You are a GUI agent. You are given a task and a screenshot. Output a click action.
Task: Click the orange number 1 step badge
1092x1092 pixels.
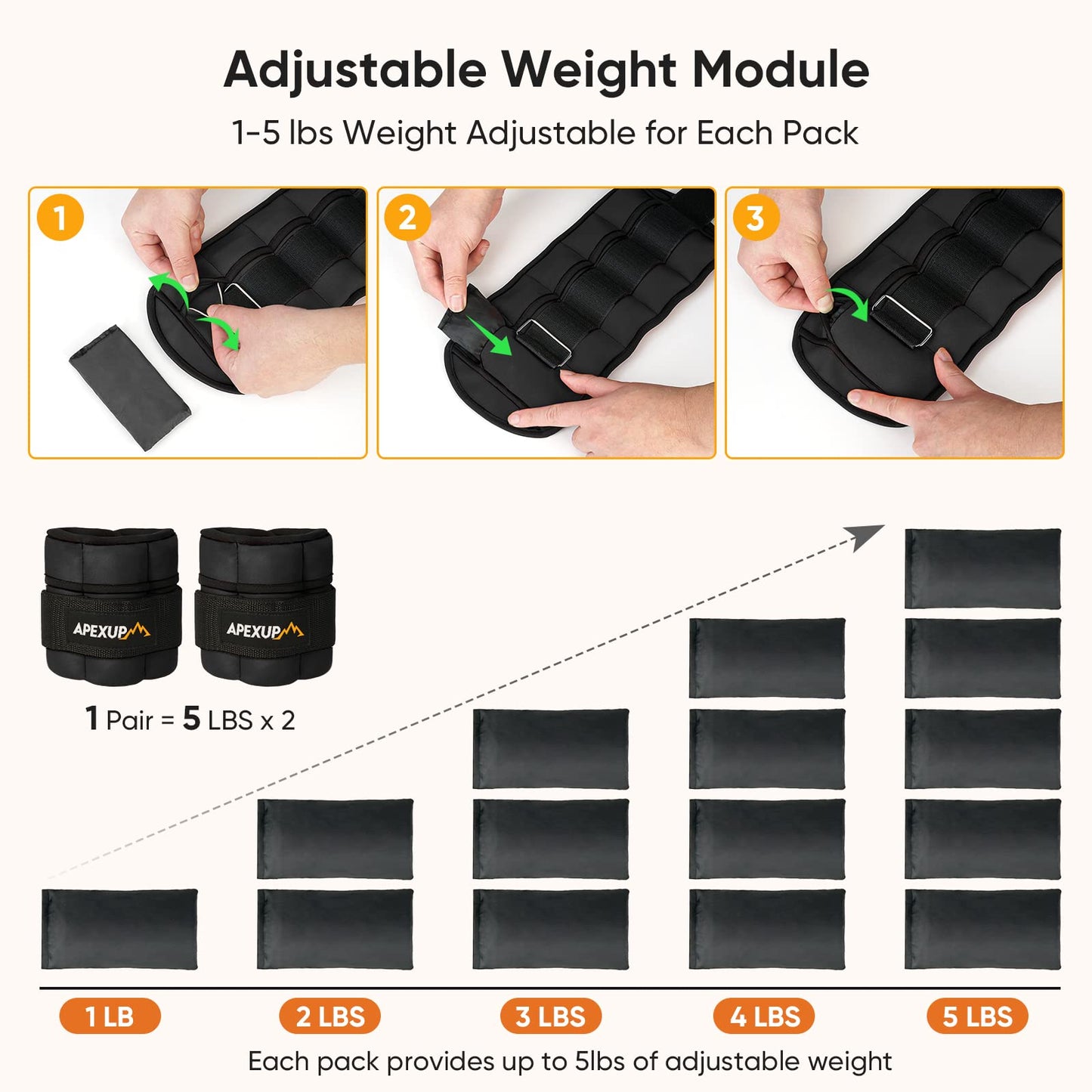point(60,218)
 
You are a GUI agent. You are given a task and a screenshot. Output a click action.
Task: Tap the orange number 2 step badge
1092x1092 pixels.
point(407,218)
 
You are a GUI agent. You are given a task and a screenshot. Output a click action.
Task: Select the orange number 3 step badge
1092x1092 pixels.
point(755,218)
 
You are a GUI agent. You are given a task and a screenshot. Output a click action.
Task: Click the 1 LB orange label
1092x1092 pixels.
point(110,1016)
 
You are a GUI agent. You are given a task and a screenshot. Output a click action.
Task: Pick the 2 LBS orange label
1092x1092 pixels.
point(329,1016)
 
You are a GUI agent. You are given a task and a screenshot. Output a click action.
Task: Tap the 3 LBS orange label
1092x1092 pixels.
point(550,1016)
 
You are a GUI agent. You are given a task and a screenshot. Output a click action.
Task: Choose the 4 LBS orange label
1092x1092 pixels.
point(764,1016)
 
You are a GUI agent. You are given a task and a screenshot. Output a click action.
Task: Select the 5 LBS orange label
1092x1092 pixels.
point(977,1016)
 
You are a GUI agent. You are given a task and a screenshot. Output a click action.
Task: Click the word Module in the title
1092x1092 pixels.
point(781,70)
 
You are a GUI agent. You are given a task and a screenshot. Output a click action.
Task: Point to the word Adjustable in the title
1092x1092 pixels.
point(355,70)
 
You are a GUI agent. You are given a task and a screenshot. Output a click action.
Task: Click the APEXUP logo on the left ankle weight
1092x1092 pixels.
point(111,630)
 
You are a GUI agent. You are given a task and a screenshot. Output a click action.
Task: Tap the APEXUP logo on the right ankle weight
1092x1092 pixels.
point(264,630)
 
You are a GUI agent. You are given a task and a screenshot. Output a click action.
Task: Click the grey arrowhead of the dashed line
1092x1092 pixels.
point(866,537)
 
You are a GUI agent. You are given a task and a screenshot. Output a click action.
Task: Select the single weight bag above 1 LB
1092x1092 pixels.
point(119,929)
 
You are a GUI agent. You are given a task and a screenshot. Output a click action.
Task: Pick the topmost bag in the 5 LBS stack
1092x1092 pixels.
point(982,568)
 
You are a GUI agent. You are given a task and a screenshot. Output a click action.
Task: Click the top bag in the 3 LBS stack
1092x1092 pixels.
point(550,748)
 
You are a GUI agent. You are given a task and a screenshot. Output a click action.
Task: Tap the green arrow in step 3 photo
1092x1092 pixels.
point(850,302)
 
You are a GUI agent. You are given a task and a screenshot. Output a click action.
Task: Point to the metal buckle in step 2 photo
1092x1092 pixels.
point(544,342)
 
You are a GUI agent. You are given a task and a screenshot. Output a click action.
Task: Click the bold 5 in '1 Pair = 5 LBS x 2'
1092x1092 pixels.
point(191,719)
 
